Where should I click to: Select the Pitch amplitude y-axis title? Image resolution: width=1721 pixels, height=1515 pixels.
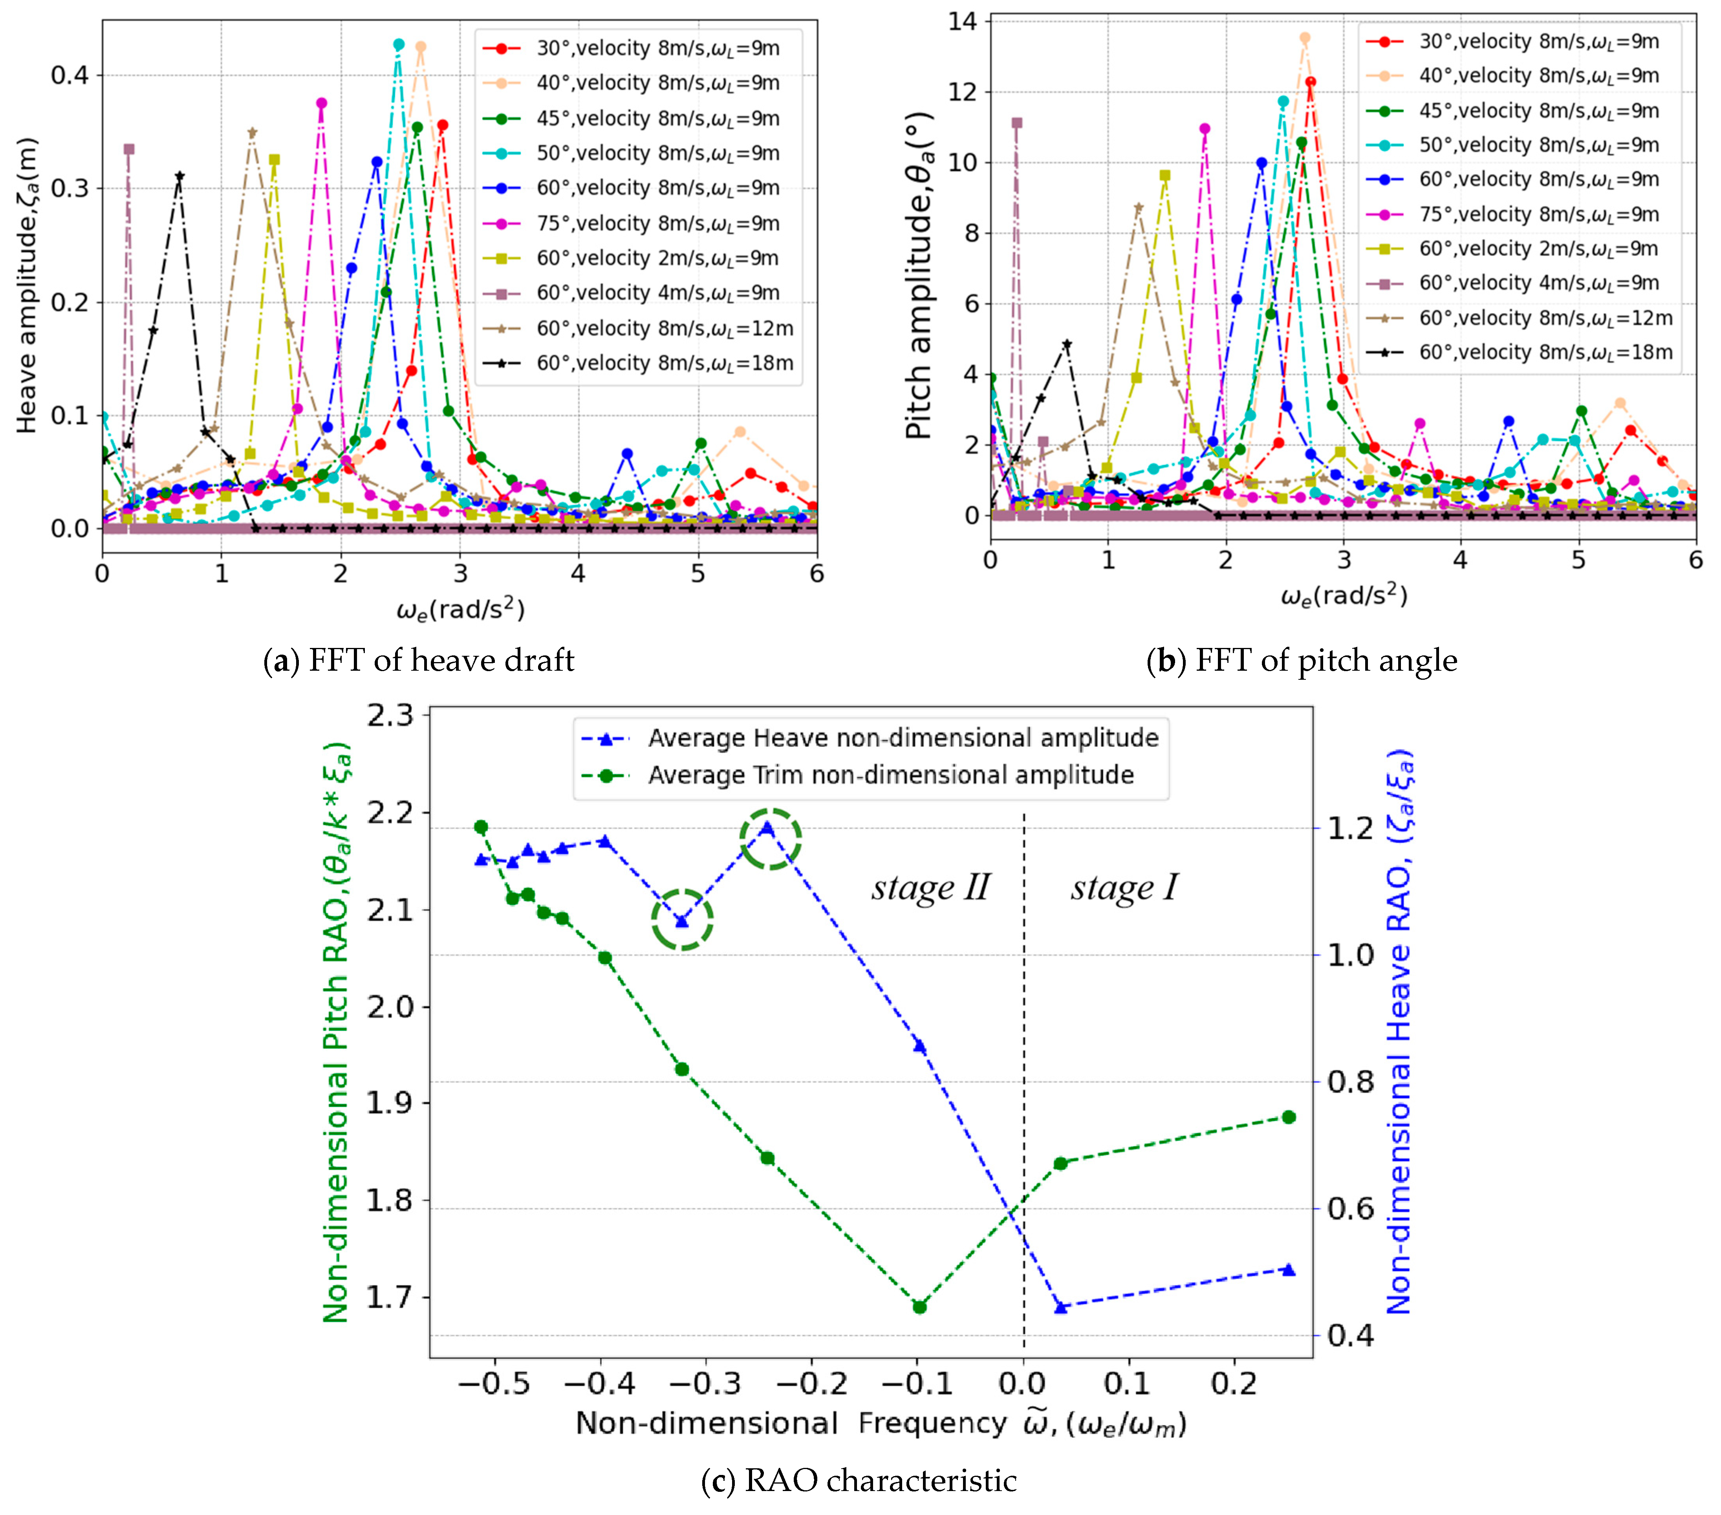coord(919,275)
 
